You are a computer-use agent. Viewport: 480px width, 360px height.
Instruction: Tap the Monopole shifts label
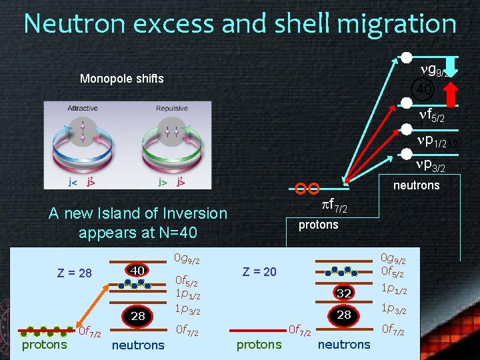(x=121, y=79)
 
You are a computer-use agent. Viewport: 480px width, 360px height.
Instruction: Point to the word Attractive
(x=83, y=109)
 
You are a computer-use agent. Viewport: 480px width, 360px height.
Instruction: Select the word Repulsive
(x=172, y=109)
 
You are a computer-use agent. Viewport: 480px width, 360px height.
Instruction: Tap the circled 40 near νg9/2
(x=424, y=89)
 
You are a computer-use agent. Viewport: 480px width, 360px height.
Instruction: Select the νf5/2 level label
(x=431, y=117)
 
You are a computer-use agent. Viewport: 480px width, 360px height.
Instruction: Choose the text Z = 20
(x=259, y=272)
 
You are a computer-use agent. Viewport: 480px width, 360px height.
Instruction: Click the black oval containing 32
(x=344, y=293)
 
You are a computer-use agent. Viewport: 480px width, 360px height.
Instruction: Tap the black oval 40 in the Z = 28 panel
(x=138, y=270)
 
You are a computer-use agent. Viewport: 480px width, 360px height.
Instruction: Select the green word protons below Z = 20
(x=259, y=344)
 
